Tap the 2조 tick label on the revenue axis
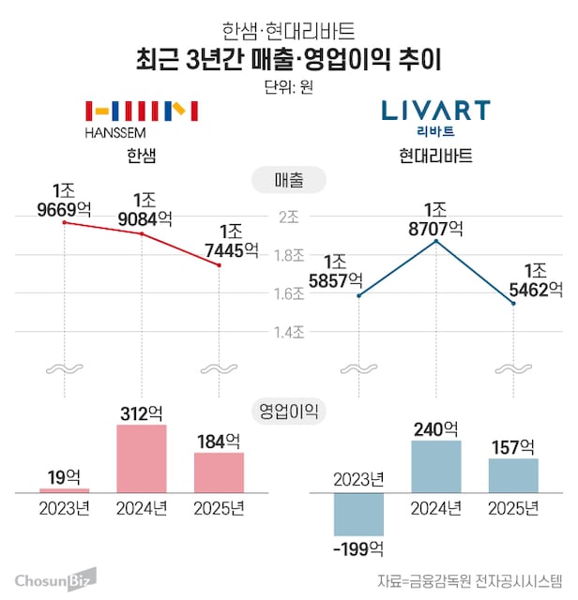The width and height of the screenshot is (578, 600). point(289,216)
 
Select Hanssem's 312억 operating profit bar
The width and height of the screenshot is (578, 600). point(141,458)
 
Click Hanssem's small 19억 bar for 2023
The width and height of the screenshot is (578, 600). point(64,489)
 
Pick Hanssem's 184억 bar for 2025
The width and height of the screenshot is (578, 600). point(219,472)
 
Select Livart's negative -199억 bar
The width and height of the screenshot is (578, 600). point(358,514)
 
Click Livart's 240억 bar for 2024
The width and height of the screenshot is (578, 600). point(435,466)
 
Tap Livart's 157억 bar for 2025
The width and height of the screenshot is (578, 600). point(513,475)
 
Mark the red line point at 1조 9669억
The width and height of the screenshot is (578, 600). point(64,222)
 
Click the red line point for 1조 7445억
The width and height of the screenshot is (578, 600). point(219,265)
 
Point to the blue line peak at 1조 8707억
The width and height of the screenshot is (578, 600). point(435,241)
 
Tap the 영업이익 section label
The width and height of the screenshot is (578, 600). point(288,410)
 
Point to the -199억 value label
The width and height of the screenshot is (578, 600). point(358,547)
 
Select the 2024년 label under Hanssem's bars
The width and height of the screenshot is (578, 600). point(141,509)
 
